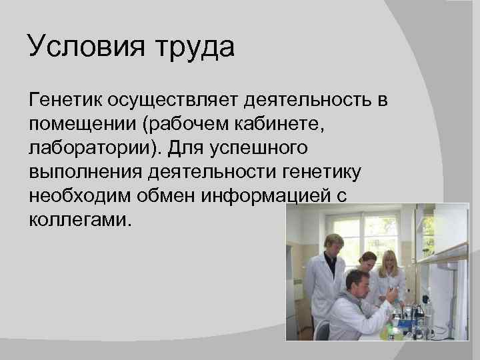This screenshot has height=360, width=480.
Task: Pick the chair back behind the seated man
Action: [x=320, y=331]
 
